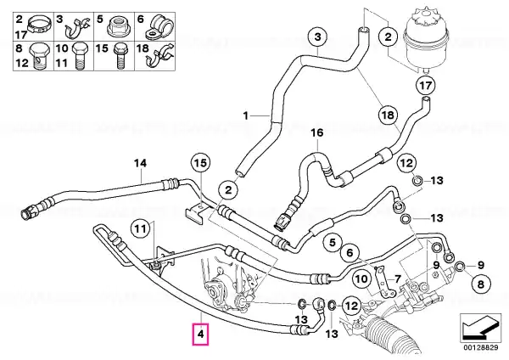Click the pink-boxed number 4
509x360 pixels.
(200, 334)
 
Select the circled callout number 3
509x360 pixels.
(317, 37)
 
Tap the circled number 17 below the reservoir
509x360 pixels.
(425, 85)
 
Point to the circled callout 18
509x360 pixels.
(388, 115)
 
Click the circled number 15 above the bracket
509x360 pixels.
(200, 163)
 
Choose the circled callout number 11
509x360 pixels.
(141, 229)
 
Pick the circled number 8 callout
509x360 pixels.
(480, 284)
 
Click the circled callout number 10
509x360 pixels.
(361, 278)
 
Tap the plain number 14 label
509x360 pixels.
(140, 163)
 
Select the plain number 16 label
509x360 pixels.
(317, 132)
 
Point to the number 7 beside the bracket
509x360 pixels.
(398, 278)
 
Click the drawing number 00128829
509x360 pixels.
(480, 347)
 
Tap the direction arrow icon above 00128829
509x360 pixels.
(480, 328)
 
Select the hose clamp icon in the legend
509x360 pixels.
(40, 25)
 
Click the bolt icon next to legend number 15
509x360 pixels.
(120, 57)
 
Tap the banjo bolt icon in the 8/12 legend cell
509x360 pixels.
(39, 57)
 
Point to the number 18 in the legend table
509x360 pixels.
(143, 48)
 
